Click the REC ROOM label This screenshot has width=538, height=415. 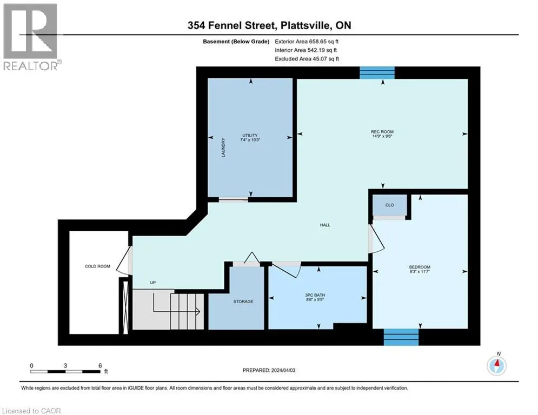382,132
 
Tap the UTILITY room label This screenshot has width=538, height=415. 250,136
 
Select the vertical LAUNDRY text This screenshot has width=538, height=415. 223,148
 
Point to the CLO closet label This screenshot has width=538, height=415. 389,205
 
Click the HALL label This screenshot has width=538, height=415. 325,225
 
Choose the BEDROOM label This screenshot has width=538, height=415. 419,267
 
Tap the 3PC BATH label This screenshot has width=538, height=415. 315,295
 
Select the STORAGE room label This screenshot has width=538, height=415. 243,302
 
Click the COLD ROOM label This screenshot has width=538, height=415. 97,266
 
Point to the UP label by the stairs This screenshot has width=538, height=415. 152,283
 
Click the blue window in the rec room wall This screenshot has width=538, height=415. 377,73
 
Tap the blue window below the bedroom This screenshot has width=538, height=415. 401,337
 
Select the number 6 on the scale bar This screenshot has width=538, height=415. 100,366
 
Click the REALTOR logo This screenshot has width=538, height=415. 31,37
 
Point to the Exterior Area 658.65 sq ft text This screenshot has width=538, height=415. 307,42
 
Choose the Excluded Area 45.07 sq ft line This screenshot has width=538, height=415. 307,59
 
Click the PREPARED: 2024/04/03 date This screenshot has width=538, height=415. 269,370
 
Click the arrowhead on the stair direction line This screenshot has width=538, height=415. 198,312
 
